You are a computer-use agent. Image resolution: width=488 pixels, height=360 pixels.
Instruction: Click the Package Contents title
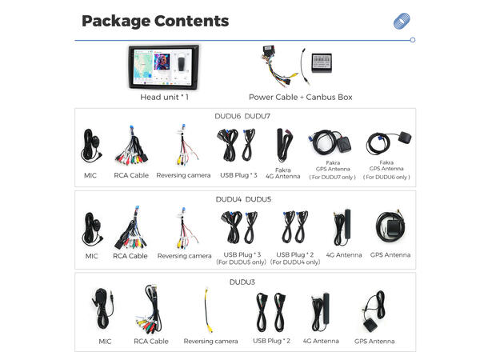155,22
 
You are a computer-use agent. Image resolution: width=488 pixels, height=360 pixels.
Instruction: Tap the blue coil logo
402,21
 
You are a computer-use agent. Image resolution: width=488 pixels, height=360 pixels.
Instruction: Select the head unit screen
163,66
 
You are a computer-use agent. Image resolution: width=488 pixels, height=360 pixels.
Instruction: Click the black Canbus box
322,62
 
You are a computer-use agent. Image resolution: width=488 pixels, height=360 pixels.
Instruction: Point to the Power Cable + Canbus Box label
300,97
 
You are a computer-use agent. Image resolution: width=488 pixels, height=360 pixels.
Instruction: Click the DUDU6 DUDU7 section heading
242,116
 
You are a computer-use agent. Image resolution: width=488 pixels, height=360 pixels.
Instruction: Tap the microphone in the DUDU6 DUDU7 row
91,146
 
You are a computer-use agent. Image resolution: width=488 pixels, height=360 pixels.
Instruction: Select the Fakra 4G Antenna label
283,173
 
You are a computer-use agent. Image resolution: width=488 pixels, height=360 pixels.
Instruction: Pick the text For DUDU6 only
386,177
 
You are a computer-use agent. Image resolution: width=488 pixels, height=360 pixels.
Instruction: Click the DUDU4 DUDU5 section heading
243,199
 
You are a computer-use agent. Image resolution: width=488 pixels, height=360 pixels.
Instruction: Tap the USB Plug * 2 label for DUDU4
295,258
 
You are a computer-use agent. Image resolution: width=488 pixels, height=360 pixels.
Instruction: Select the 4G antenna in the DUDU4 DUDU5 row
342,227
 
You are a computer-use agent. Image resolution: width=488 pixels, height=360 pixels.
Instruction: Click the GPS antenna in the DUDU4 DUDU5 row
390,227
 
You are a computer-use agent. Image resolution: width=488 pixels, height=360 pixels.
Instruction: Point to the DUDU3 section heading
242,282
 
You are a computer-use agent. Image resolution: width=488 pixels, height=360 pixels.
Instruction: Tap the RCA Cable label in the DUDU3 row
151,342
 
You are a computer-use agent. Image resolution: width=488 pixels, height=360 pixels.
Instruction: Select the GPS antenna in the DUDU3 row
374,311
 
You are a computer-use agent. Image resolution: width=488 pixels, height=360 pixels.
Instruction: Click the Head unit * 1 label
164,97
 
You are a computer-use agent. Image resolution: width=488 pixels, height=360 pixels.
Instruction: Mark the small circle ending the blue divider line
413,40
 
